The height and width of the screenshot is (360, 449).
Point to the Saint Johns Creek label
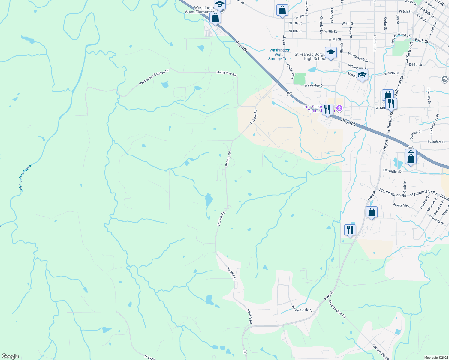pyautogui.click(x=25, y=178)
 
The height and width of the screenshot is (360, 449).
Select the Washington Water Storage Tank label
pyautogui.click(x=280, y=55)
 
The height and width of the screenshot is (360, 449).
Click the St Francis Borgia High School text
pyautogui.click(x=310, y=56)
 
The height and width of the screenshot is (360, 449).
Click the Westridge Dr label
pyautogui.click(x=314, y=85)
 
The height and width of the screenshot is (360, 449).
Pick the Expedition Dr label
pyautogui.click(x=393, y=171)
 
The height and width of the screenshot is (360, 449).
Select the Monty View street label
pyautogui.click(x=402, y=205)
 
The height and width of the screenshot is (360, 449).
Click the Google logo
pyautogui.click(x=10, y=356)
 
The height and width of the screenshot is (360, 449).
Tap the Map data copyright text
pyautogui.click(x=436, y=358)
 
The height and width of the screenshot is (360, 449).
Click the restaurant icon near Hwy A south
pyautogui.click(x=350, y=230)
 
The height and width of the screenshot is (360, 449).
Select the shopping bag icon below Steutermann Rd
pyautogui.click(x=372, y=212)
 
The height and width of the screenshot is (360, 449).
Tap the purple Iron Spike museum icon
pyautogui.click(x=339, y=108)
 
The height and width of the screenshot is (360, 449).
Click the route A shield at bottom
pyautogui.click(x=245, y=352)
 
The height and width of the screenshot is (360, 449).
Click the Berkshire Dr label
pyautogui.click(x=436, y=142)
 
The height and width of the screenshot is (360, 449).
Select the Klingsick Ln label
pyautogui.click(x=321, y=25)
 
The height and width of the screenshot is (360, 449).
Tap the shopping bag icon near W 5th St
pyautogui.click(x=282, y=10)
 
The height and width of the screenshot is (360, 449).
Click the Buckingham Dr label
pyautogui.click(x=434, y=124)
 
